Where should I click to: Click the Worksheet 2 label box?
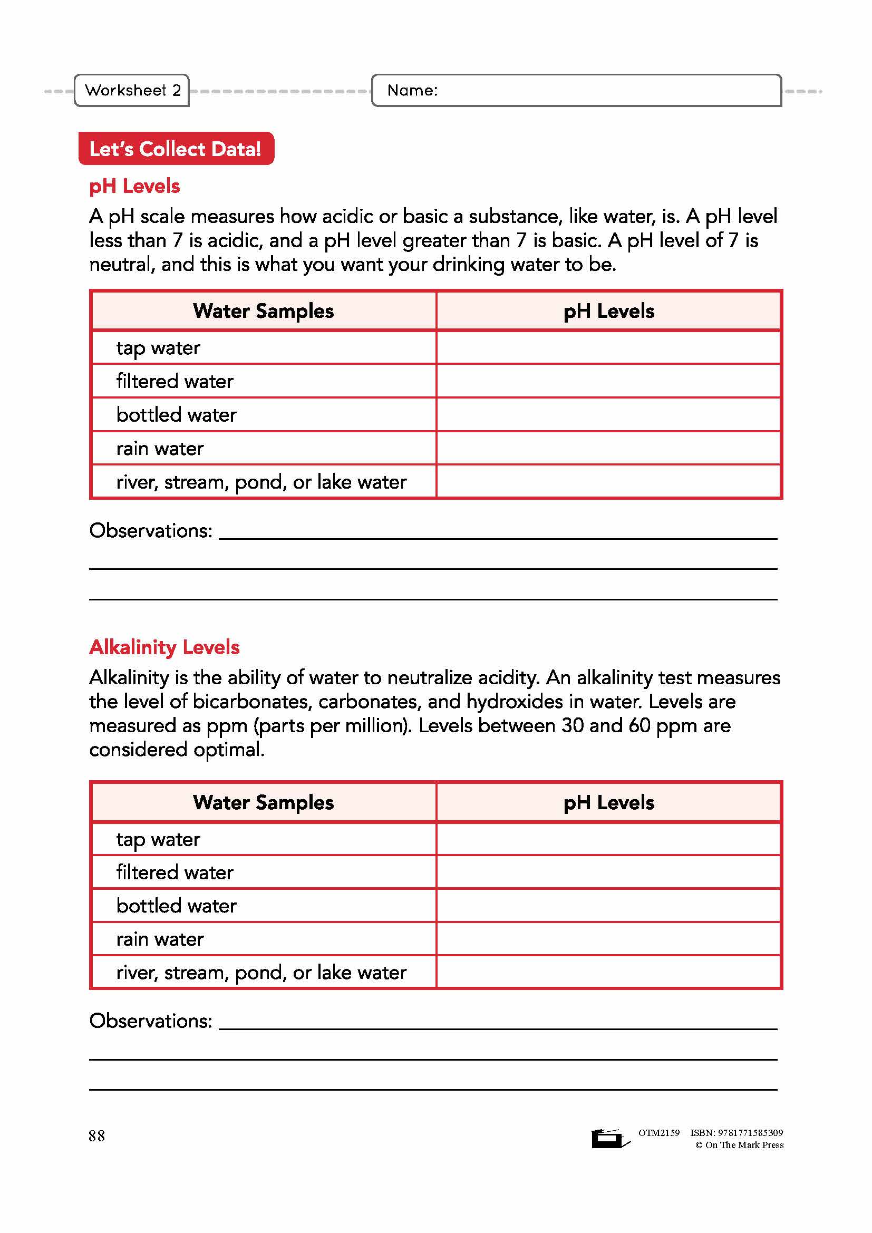(x=132, y=90)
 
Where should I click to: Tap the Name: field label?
(x=412, y=90)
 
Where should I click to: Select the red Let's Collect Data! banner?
(x=176, y=149)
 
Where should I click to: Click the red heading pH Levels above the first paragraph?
(x=134, y=186)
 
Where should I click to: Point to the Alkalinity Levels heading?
(x=164, y=647)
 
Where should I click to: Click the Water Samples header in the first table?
(x=263, y=311)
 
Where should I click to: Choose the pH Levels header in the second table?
(x=608, y=802)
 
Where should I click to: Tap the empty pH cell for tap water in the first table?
(x=608, y=348)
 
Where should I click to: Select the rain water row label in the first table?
(x=160, y=449)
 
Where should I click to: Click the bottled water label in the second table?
(x=176, y=906)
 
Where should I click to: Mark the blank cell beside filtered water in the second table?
(x=608, y=872)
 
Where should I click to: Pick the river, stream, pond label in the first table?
(x=261, y=482)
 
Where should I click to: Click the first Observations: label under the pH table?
(x=151, y=531)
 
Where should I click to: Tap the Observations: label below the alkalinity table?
(x=151, y=1021)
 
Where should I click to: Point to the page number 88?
(x=96, y=1136)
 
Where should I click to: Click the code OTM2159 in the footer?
(x=659, y=1132)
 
